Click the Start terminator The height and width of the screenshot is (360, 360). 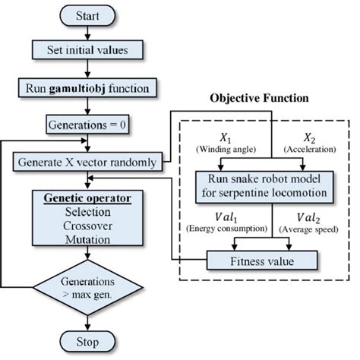coord(90,16)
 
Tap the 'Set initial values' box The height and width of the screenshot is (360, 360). coord(90,51)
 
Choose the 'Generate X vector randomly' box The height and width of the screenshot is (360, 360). coord(90,161)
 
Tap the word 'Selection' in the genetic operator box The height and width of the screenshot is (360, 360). coord(90,212)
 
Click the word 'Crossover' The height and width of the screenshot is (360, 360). coord(90,226)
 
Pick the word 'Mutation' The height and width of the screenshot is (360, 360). coord(90,241)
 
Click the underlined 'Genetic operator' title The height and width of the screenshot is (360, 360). coord(90,197)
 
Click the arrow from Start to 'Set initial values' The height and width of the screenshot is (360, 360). coord(90,33)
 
